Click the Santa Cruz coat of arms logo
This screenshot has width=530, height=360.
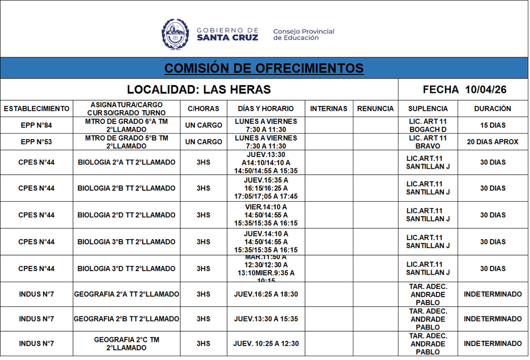coord(175,34)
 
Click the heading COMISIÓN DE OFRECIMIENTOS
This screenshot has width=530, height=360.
coord(264,68)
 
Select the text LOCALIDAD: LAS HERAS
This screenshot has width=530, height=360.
coord(199,89)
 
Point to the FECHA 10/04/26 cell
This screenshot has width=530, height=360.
coord(464,89)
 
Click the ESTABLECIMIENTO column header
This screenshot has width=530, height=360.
coord(37,109)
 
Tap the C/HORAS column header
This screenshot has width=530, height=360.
coord(203,109)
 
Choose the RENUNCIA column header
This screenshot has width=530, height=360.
coord(375,109)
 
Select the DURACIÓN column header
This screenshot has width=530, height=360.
coord(492,109)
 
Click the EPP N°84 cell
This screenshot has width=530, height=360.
coord(37,126)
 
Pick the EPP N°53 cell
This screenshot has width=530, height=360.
coord(37,142)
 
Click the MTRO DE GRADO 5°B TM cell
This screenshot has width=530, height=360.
coord(127,142)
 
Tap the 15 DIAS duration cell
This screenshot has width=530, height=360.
coord(492,126)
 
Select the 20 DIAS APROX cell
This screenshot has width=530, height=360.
coord(492,142)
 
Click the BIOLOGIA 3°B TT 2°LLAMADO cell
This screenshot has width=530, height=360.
coord(127,242)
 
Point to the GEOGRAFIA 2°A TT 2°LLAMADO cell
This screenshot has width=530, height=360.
coord(127,294)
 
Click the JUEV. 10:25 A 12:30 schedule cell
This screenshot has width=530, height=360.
coord(266,343)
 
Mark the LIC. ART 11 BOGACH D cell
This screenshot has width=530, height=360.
coord(428,126)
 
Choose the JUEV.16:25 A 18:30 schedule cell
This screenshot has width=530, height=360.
coord(266,294)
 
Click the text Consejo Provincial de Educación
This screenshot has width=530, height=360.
coord(304,35)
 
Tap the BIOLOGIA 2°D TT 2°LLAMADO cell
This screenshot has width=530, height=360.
coord(127,215)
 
